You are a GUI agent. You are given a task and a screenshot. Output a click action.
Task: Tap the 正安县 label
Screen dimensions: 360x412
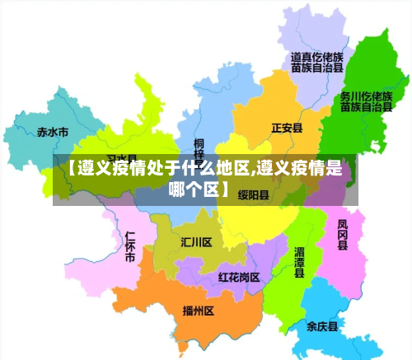click(288, 128)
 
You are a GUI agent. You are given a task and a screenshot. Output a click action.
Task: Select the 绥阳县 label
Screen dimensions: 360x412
click(254, 195)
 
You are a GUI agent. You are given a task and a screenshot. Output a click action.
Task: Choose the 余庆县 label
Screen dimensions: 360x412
click(322, 326)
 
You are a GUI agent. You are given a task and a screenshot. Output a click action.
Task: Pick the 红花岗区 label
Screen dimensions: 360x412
click(239, 277)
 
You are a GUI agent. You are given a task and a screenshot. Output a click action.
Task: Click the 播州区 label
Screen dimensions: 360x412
click(199, 311)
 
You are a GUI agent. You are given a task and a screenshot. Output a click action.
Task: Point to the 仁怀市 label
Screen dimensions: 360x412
click(129, 246)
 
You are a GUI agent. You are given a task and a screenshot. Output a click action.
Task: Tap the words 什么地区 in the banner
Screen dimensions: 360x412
click(206, 171)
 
